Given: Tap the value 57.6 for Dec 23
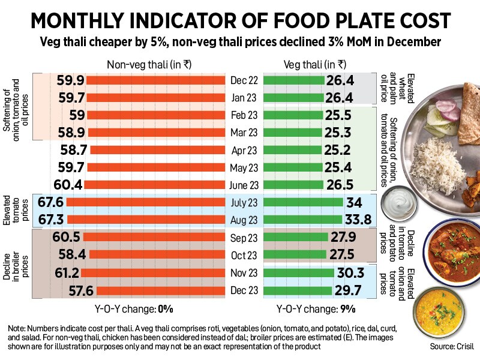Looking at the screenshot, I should [x=70, y=291].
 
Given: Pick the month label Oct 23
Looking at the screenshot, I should [x=244, y=256].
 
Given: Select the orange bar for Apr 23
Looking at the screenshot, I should [x=157, y=150].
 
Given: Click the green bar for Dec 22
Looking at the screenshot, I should [x=294, y=80].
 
